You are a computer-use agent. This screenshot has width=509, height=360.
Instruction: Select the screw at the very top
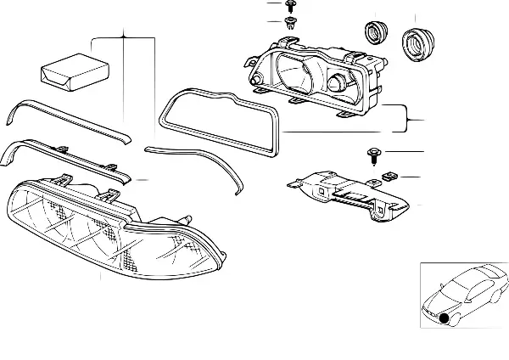pyautogui.click(x=290, y=8)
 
